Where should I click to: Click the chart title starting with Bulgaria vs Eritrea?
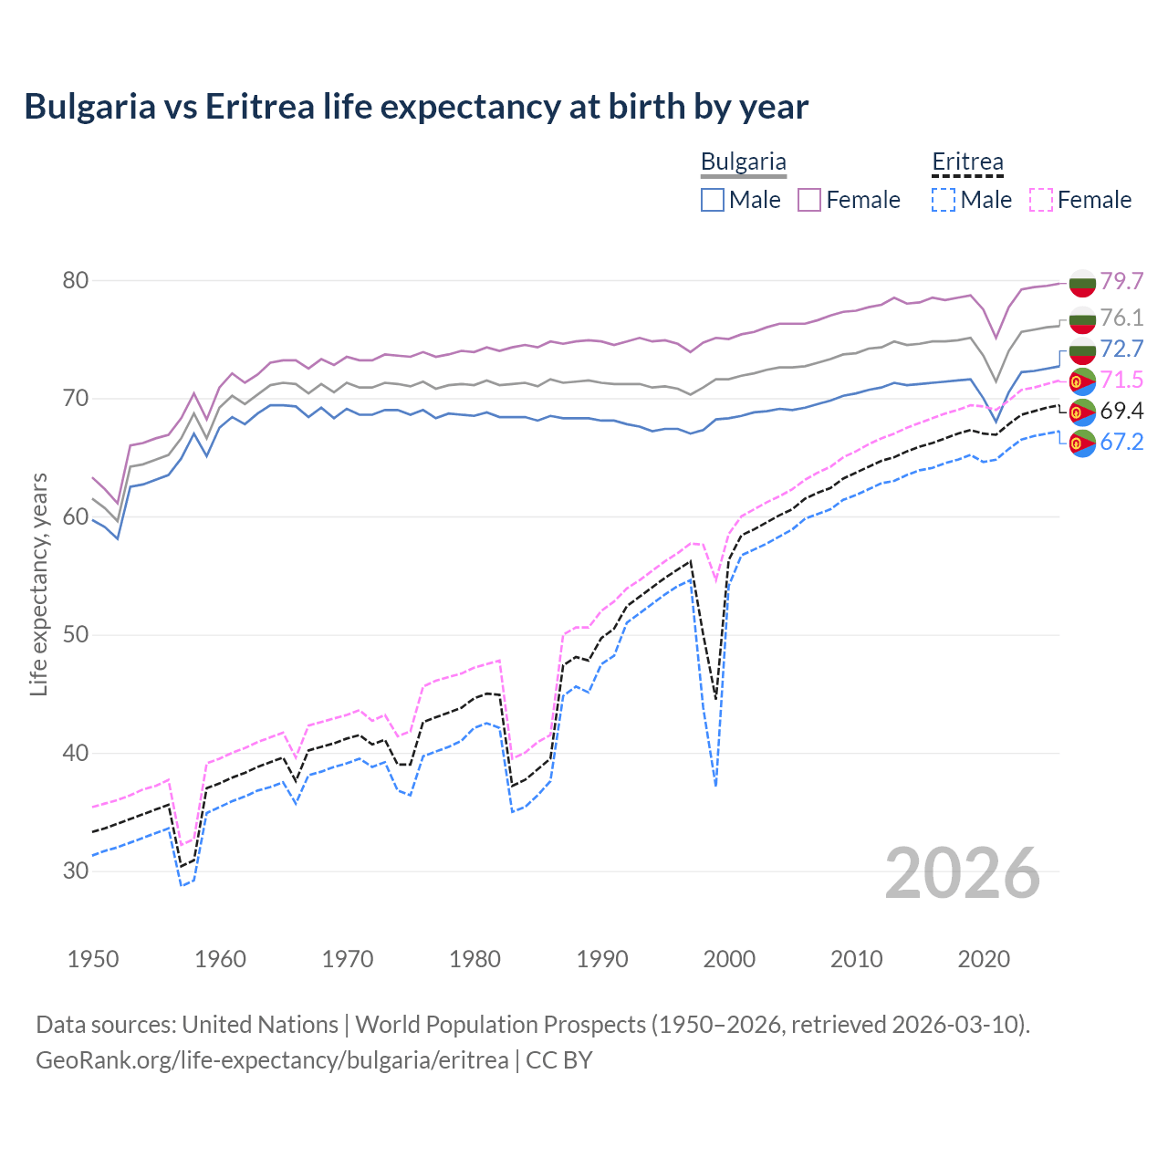(x=416, y=107)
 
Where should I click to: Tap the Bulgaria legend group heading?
(x=743, y=162)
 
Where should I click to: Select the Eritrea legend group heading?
(x=967, y=162)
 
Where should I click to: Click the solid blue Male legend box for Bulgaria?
(x=713, y=200)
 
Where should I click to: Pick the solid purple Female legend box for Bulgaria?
(x=809, y=200)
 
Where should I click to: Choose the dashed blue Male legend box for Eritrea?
(x=944, y=200)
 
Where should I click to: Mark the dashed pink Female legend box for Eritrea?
(x=1041, y=200)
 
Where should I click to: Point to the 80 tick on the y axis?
(x=76, y=280)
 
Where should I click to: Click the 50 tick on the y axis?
(x=76, y=635)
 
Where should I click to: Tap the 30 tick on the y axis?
(x=76, y=871)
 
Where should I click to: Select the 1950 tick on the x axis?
(x=93, y=959)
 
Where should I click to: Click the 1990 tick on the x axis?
(x=602, y=959)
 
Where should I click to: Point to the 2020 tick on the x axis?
(x=984, y=959)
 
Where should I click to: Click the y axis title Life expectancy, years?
(x=38, y=584)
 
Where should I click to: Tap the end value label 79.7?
(x=1121, y=281)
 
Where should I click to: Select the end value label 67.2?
(x=1121, y=443)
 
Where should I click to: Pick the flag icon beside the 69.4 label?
(x=1082, y=412)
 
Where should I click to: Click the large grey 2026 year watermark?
(x=963, y=873)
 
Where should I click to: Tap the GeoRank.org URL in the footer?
(x=272, y=1060)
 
